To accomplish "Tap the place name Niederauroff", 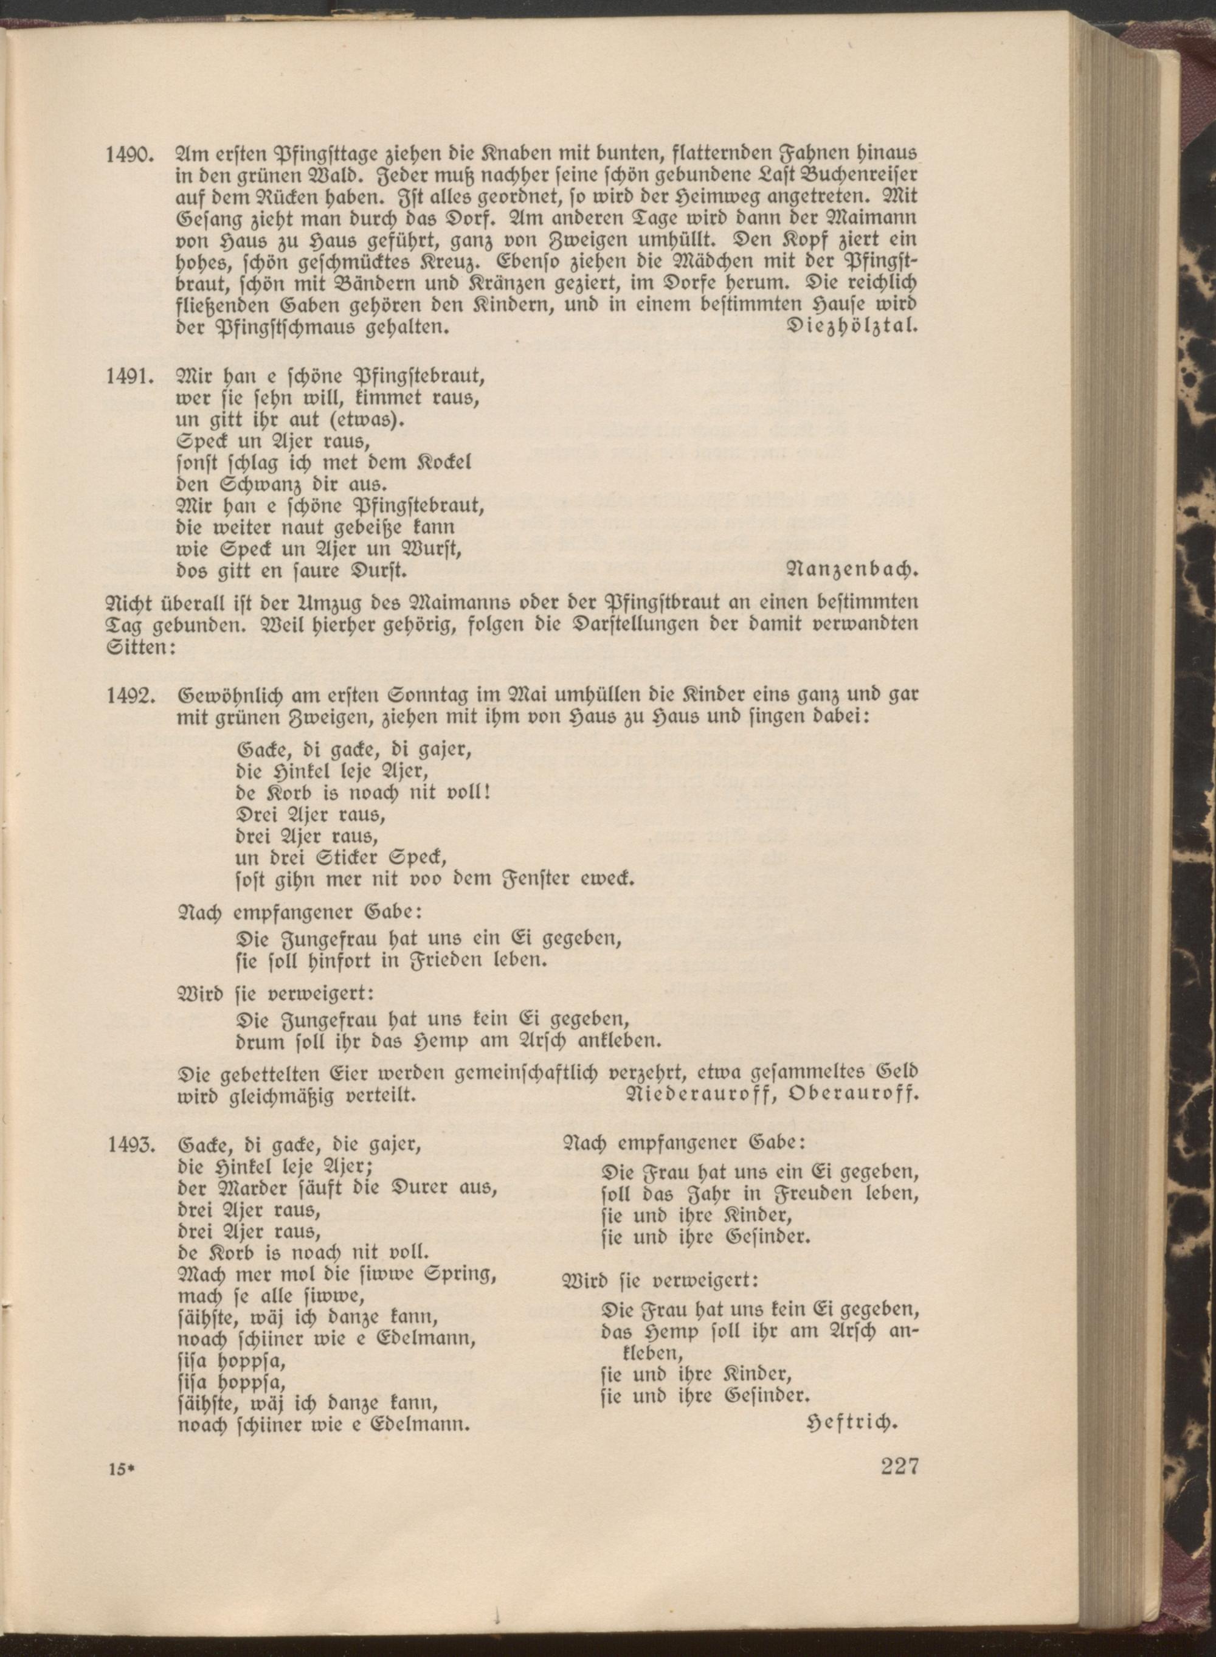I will (705, 1094).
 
